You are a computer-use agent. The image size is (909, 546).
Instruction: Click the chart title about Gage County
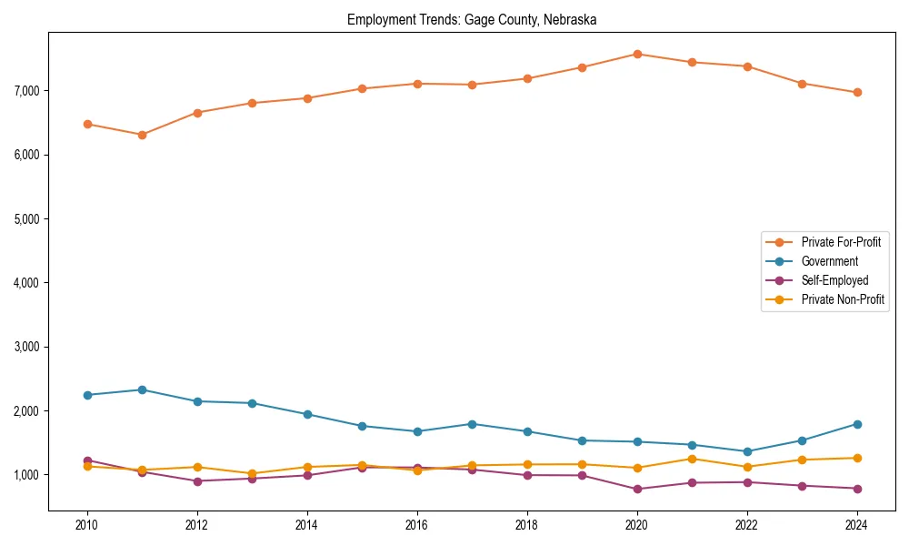(471, 19)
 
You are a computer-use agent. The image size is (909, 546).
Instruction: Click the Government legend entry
(829, 261)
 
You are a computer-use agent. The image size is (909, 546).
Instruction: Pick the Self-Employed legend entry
(834, 280)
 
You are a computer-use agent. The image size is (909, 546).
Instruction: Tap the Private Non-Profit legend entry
(843, 299)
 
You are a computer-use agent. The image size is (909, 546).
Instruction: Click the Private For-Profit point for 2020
(637, 54)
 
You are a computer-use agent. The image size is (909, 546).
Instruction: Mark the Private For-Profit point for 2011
(142, 135)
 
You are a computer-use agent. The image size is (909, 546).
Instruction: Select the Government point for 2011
(142, 389)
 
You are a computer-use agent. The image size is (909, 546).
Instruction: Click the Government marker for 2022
(747, 451)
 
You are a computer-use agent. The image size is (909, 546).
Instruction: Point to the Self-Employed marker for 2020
(637, 489)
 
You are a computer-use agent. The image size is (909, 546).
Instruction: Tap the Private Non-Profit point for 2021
(693, 459)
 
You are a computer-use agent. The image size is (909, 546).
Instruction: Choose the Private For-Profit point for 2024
(857, 92)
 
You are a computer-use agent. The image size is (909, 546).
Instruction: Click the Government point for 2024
(857, 424)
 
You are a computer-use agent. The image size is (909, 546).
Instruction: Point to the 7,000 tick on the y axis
(26, 91)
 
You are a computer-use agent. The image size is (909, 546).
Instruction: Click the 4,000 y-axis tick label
(26, 283)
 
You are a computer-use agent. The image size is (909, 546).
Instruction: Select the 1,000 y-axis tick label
(26, 475)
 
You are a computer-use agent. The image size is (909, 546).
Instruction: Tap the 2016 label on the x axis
(417, 525)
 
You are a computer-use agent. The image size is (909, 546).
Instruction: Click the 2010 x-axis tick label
(87, 525)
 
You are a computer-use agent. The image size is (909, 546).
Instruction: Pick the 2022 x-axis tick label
(747, 525)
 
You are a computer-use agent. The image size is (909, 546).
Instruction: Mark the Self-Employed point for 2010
(87, 460)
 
